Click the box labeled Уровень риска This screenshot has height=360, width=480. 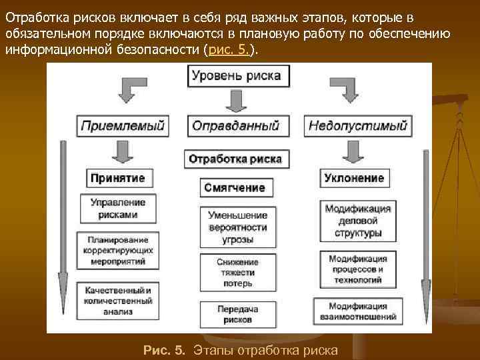236,76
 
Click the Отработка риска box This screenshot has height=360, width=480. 236,159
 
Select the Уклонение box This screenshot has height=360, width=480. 354,178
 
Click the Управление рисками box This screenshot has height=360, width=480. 118,209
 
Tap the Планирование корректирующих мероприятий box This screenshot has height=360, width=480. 118,251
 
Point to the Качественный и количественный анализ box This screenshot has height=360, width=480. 118,301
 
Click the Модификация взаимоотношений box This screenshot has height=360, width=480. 358,311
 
